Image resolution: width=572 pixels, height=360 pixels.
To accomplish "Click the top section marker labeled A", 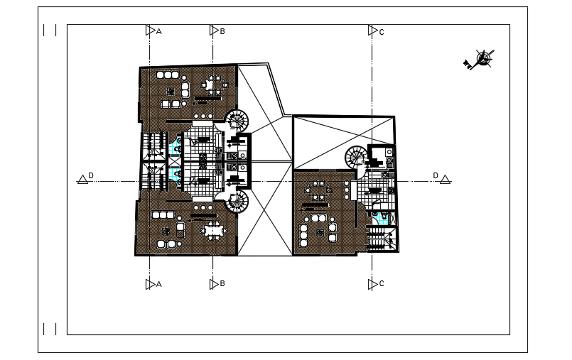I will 150,31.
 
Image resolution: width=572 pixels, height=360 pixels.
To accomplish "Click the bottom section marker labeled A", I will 150,284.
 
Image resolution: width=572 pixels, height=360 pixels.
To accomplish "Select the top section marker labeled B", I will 213,31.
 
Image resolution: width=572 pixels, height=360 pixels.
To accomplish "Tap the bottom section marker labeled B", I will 213,284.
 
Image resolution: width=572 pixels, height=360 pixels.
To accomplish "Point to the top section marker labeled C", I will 372,31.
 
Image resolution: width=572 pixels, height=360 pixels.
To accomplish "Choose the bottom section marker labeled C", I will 372,284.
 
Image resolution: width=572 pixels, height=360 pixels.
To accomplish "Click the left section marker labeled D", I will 83,179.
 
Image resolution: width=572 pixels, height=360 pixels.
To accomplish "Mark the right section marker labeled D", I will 445,179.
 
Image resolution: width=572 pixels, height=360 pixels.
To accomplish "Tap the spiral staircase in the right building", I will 356,157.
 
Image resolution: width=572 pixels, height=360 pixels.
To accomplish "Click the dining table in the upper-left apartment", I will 212,86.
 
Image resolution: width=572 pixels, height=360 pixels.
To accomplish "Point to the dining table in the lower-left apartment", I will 214,230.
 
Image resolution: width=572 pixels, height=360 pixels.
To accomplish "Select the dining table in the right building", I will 318,192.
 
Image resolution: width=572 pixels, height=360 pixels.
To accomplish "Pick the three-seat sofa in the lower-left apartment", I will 163,215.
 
